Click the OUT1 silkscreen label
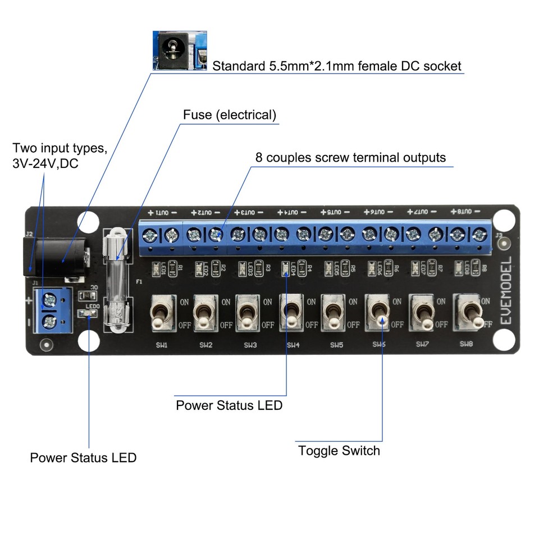162,213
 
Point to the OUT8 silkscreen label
465,212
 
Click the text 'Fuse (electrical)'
230,115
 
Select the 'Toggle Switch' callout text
339,450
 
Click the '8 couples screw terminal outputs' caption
350,157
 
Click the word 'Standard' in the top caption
235,66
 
